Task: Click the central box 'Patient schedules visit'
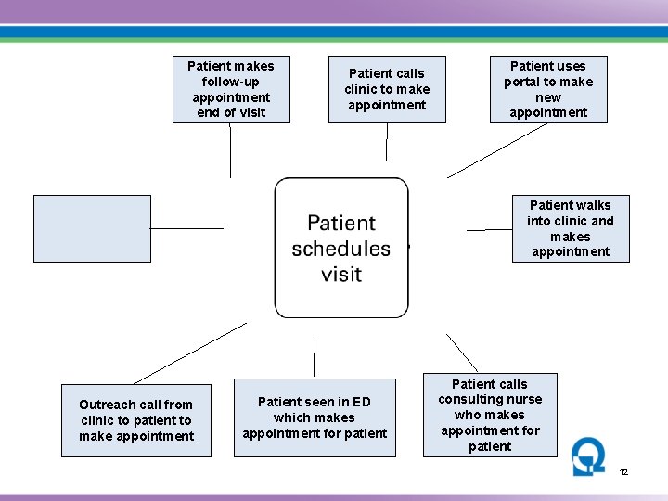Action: [341, 248]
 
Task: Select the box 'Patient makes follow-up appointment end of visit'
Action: [231, 89]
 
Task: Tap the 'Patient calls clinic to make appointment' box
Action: [387, 89]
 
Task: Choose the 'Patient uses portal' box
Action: [548, 89]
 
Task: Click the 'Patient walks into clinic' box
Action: [571, 228]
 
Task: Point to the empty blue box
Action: [92, 228]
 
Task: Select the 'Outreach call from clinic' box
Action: [136, 420]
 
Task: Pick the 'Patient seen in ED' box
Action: [315, 417]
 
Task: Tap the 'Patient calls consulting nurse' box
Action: [490, 415]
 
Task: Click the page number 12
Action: [624, 472]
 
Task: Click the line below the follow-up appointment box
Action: [231, 150]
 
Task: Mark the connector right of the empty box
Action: [186, 228]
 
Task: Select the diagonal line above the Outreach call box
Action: [190, 353]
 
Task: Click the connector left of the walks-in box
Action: [489, 229]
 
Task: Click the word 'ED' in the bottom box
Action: [361, 402]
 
